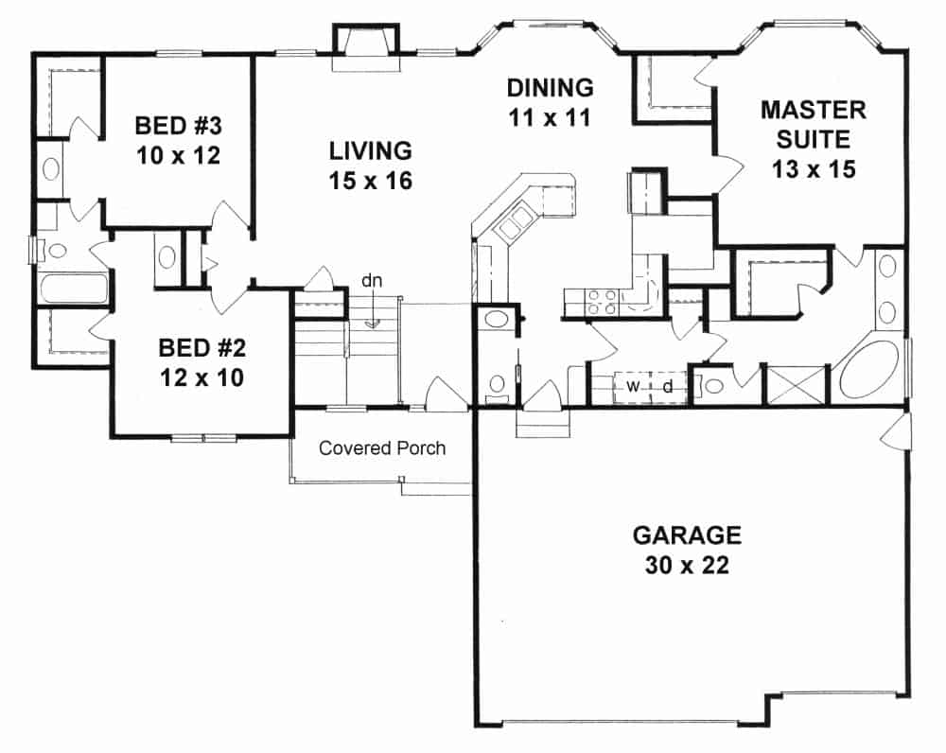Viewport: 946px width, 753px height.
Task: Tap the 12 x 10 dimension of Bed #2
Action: [x=203, y=378]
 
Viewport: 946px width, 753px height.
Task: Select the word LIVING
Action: [x=371, y=150]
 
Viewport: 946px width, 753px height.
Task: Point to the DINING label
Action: [x=550, y=88]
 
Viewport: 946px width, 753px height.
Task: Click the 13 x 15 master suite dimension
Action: [x=814, y=170]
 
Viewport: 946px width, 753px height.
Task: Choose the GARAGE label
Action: [x=686, y=535]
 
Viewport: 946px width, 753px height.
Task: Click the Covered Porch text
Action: [x=381, y=448]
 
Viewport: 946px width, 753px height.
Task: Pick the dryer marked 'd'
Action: [x=667, y=386]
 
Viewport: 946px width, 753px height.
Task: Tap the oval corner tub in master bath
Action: [x=868, y=372]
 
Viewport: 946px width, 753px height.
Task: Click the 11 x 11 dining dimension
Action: [x=550, y=118]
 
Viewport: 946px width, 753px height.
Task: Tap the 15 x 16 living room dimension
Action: [x=371, y=181]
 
